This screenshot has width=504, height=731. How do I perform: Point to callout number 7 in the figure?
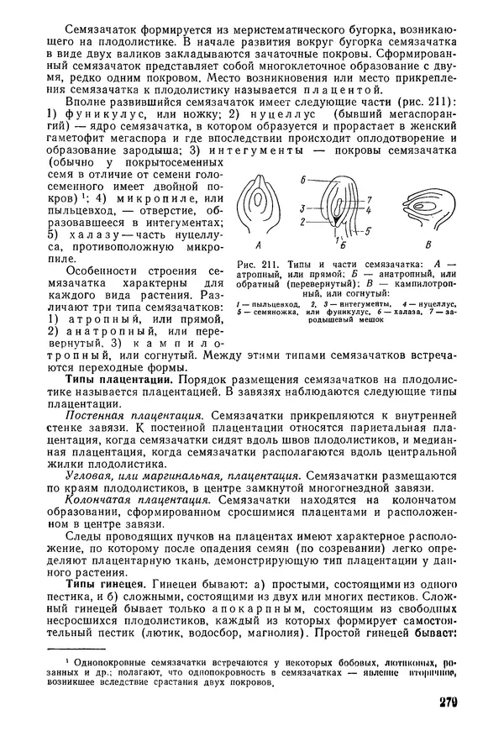pos(369,199)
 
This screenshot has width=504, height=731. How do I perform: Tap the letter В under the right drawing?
pos(429,246)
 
